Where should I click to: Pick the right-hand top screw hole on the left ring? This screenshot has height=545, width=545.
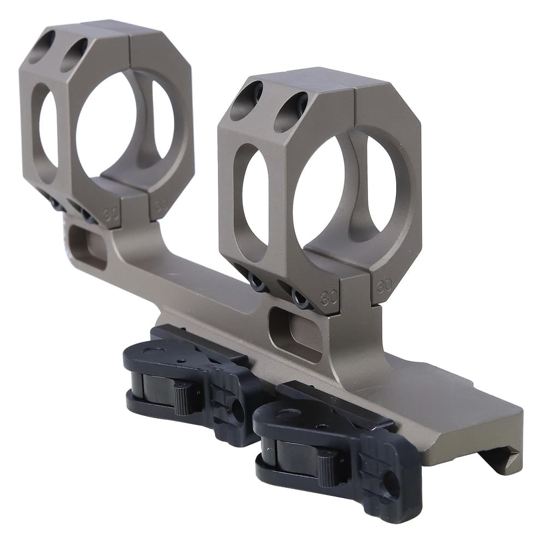click(x=74, y=55)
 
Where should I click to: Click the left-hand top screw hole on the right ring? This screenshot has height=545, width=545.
click(x=246, y=100)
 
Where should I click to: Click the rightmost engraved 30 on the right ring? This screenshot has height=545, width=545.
click(x=384, y=284)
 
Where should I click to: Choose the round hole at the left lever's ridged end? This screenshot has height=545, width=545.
click(x=238, y=411)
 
